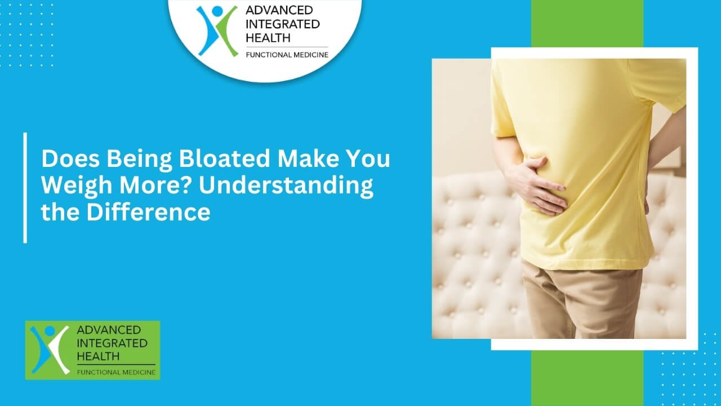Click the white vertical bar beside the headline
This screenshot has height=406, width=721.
(x=25, y=188)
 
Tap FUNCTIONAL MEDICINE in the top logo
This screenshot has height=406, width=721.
(x=286, y=55)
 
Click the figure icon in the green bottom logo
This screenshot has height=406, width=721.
(x=50, y=349)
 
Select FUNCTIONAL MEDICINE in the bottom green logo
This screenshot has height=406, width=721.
(x=115, y=372)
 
